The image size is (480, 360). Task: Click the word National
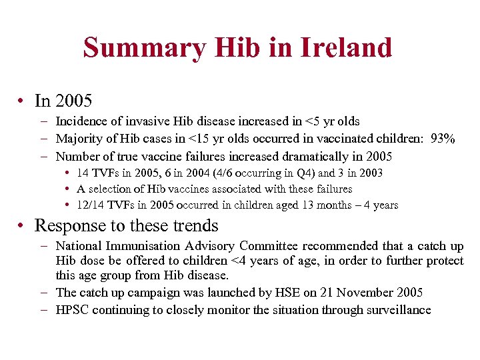81,246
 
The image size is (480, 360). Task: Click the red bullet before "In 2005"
22,101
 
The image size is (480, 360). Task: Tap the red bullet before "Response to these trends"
22,225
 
